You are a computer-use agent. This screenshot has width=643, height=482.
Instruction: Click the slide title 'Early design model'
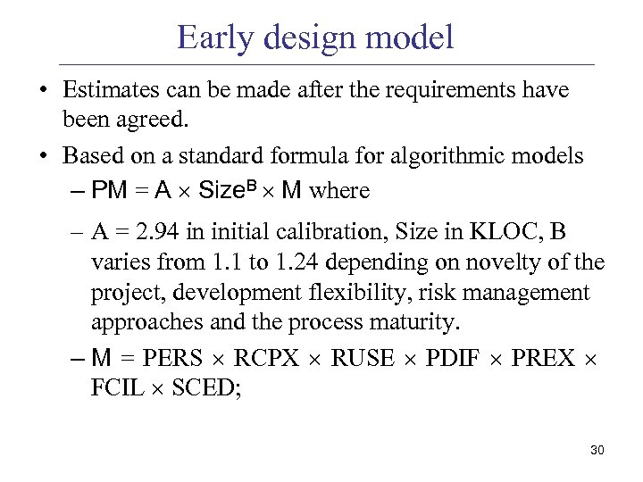click(315, 37)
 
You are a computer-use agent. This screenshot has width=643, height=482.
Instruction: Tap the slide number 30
click(597, 450)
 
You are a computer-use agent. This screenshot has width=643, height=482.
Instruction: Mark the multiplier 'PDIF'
click(454, 359)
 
